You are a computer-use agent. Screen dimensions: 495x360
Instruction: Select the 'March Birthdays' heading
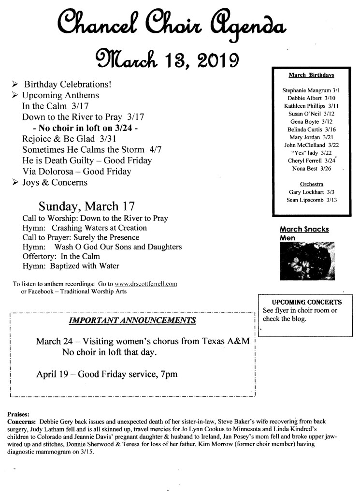click(311, 75)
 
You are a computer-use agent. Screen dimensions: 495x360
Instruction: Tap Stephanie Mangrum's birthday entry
click(311, 90)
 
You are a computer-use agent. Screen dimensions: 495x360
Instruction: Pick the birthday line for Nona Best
click(311, 168)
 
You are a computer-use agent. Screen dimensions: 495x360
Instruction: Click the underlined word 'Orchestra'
click(311, 184)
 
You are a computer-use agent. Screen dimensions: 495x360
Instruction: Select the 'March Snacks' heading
click(304, 229)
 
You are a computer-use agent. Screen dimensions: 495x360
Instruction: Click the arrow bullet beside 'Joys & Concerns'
click(15, 183)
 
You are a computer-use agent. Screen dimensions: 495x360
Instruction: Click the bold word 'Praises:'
click(18, 415)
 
